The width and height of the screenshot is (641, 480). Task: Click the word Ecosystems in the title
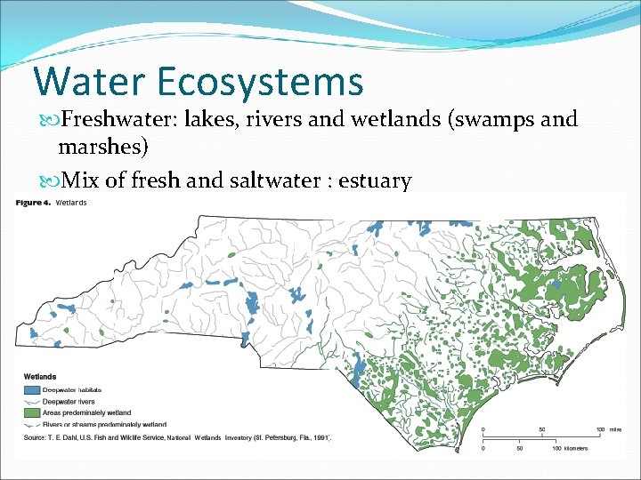point(263,81)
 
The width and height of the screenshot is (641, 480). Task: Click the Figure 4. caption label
point(33,204)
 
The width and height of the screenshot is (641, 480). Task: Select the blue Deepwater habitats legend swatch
point(32,389)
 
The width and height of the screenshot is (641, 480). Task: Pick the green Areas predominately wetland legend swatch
point(32,412)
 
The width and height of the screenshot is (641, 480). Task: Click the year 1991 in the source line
point(319,437)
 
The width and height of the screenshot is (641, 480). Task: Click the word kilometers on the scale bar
point(574,448)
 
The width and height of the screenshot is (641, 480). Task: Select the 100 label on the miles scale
point(601,429)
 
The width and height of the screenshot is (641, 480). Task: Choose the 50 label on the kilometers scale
point(518,448)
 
